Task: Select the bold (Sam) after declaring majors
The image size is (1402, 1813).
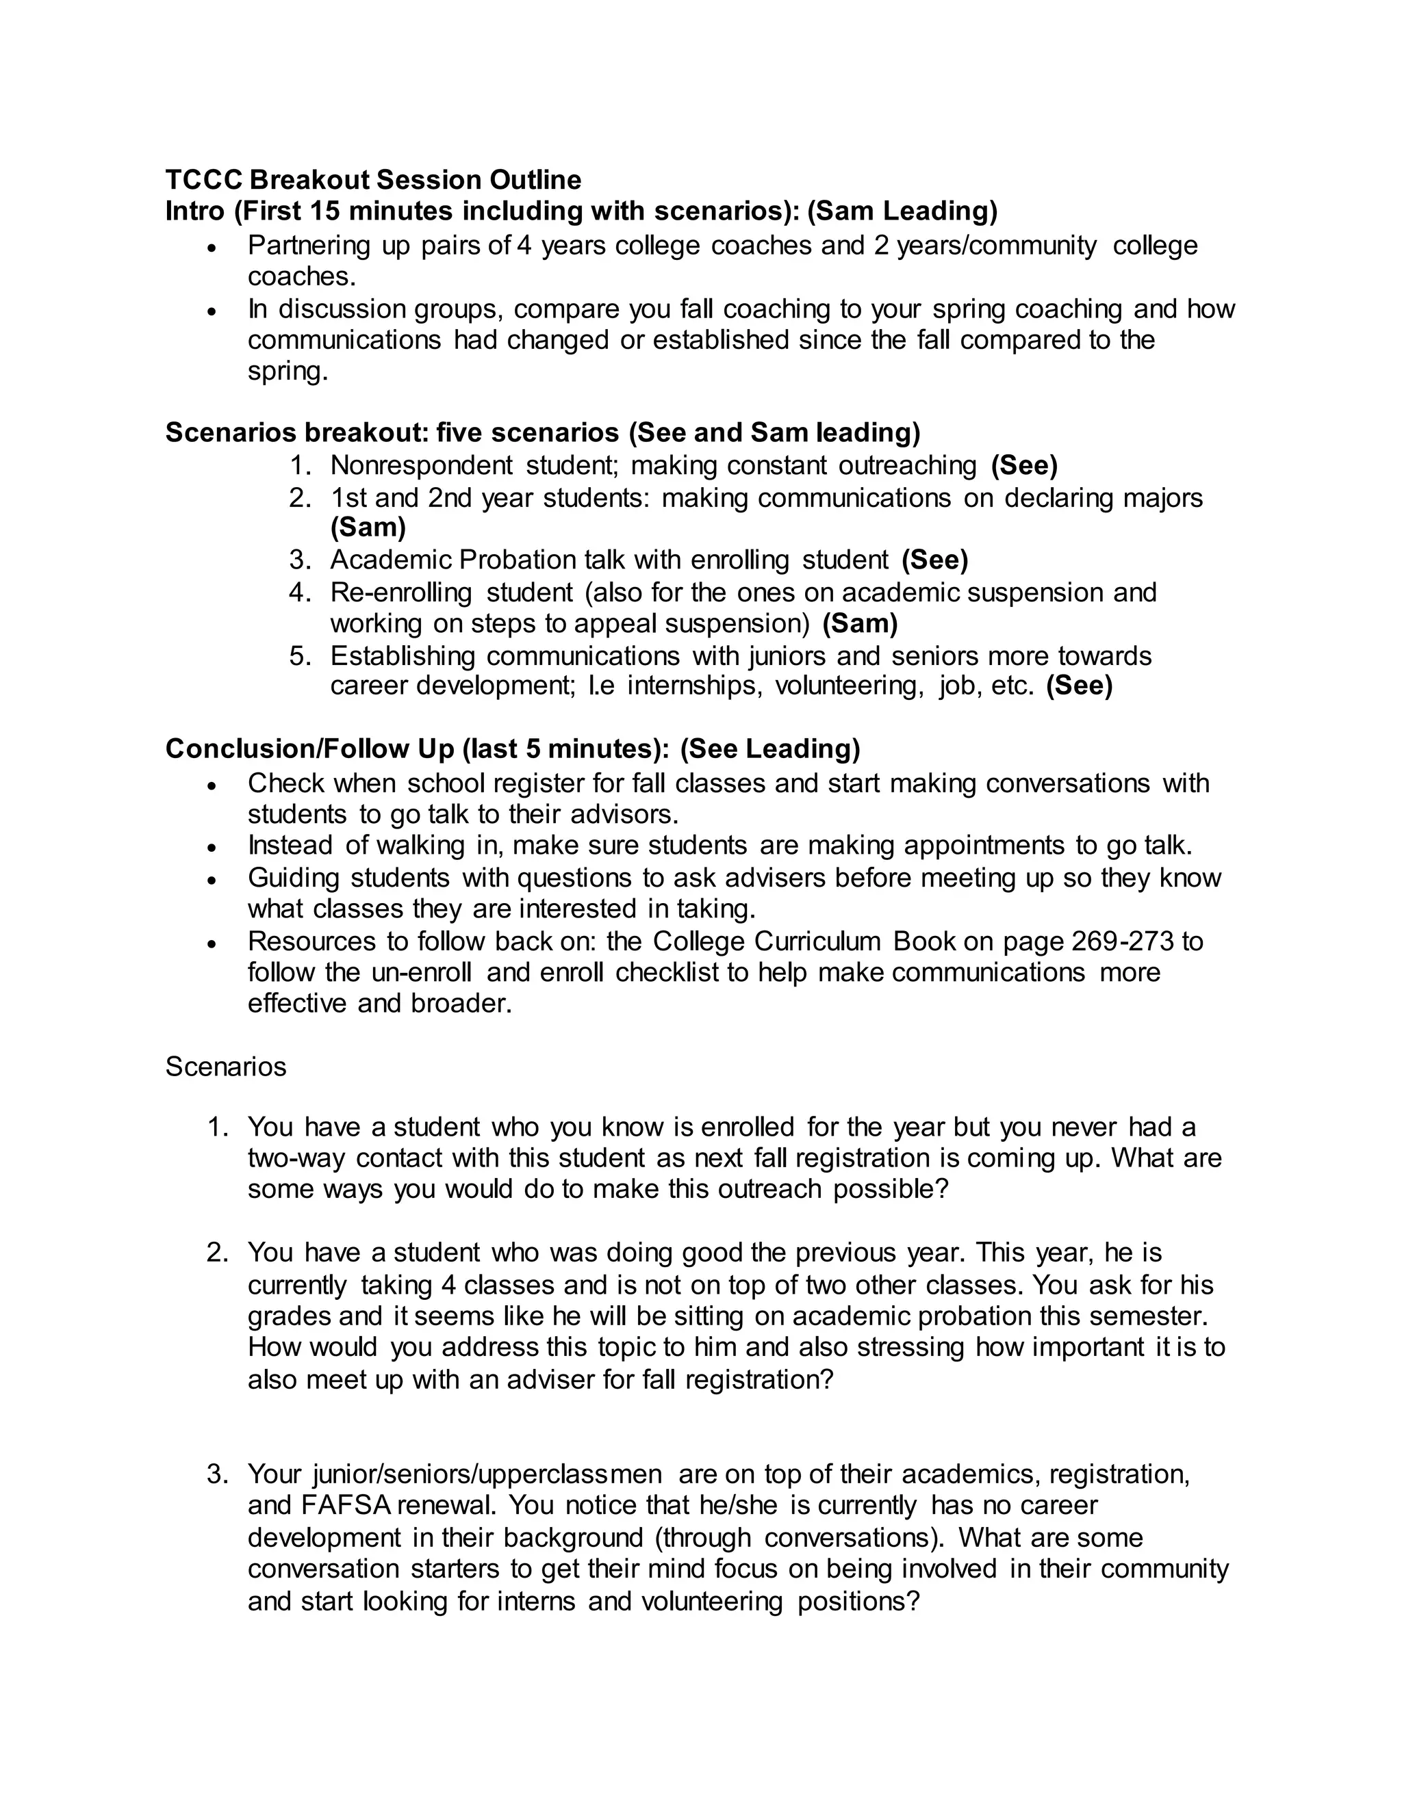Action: click(x=368, y=526)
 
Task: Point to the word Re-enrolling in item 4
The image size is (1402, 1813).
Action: click(x=400, y=592)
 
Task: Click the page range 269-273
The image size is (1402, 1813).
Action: click(x=1123, y=941)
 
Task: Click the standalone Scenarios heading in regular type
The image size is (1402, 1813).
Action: click(x=226, y=1066)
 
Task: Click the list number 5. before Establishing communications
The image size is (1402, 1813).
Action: click(x=300, y=656)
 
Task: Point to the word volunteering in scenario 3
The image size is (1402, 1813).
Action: click(x=711, y=1600)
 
